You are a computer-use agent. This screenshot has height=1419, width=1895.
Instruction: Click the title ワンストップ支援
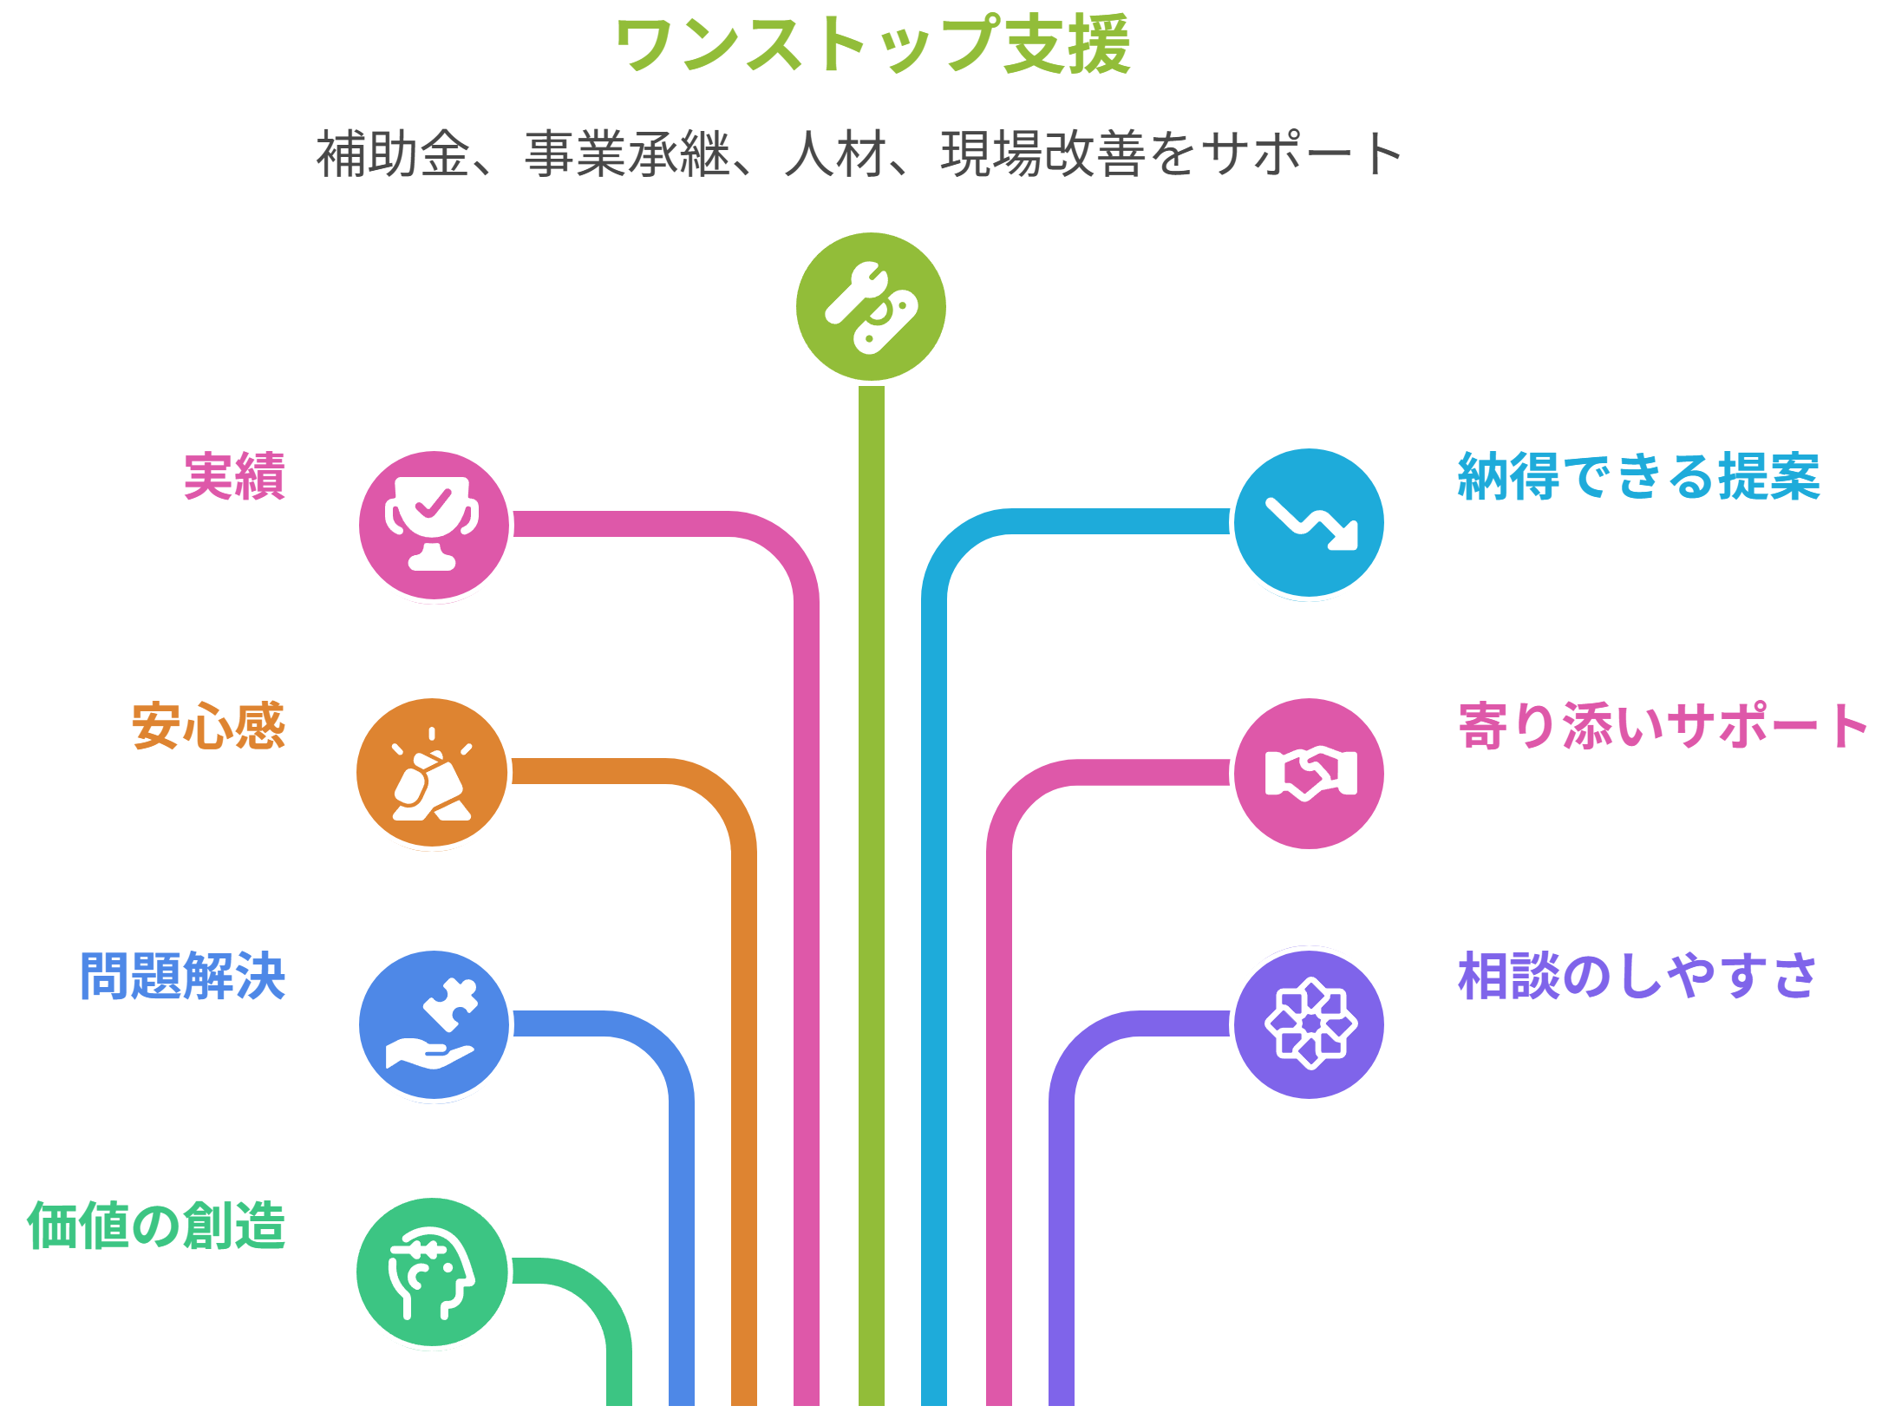pos(872,45)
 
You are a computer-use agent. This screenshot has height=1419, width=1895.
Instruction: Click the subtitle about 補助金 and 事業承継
pos(859,154)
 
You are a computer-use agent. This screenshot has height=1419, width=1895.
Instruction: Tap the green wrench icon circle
pos(871,307)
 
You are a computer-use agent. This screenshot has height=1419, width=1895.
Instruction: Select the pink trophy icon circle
pos(434,526)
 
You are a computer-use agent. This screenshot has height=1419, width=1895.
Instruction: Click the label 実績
pos(234,476)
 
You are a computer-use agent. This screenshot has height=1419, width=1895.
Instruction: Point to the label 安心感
pos(208,726)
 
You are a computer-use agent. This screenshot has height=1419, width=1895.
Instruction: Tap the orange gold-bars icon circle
pos(432,773)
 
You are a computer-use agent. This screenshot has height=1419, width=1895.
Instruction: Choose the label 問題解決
pos(182,976)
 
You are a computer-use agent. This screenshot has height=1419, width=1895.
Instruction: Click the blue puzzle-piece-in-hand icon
pos(434,1024)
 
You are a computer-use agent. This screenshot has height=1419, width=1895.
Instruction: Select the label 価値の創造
pos(156,1226)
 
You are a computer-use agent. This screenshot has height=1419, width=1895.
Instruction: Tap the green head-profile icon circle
pos(432,1272)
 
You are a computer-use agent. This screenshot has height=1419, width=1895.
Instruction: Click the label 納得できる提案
pos(1638,476)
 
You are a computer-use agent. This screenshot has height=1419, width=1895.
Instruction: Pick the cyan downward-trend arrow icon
pos(1309,523)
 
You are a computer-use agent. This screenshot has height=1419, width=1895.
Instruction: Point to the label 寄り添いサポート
pos(1663,726)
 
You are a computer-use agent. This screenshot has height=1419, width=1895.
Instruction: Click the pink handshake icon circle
pos(1309,773)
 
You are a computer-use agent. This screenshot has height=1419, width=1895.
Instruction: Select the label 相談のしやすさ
pos(1637,976)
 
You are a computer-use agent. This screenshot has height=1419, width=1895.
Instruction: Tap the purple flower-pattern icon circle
pos(1309,1024)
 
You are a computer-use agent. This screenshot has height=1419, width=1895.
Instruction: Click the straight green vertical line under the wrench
pos(871,867)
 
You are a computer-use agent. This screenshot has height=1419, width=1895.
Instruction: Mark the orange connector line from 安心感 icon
pos(744,1084)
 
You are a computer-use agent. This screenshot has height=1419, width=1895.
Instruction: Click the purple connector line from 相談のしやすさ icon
pos(1062,1214)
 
